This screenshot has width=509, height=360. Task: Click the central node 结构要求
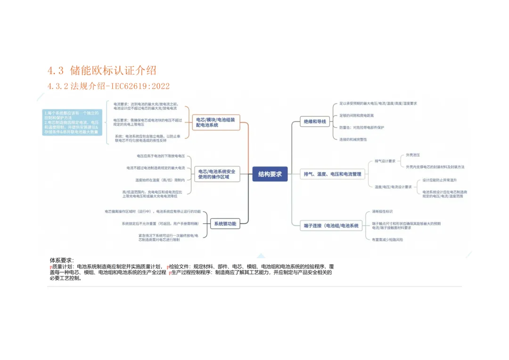point(270,174)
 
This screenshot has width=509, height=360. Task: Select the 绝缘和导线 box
point(315,122)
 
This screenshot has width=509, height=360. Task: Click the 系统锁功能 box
point(225,224)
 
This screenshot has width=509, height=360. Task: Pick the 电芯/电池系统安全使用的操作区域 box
point(216,174)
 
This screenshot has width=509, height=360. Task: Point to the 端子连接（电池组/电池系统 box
point(331,226)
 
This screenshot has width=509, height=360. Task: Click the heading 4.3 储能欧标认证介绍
point(101,71)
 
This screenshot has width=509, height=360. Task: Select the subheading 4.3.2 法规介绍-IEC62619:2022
point(108,86)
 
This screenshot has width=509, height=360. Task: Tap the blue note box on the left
point(71,123)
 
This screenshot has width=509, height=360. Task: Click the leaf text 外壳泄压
point(413,155)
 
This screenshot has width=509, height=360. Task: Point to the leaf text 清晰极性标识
point(382,212)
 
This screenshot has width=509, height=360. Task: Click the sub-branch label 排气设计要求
point(385,161)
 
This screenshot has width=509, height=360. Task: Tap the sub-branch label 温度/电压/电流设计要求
point(393,187)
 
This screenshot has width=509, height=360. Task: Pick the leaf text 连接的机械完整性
point(353,139)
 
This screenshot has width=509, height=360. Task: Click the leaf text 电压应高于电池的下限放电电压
point(161,155)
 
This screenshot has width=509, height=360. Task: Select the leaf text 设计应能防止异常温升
point(440,180)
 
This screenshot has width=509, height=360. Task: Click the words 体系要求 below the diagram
point(61,260)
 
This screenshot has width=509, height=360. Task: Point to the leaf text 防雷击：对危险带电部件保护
point(361,127)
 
